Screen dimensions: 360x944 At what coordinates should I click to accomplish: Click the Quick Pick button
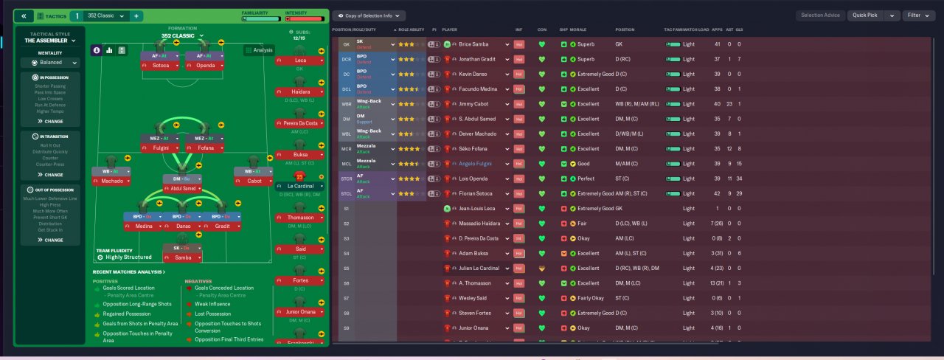tap(866, 15)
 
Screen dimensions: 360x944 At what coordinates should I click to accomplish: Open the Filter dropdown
tap(917, 15)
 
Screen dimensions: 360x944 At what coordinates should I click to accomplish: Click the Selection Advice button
tap(820, 15)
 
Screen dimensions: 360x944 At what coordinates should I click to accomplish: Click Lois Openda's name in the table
tap(471, 179)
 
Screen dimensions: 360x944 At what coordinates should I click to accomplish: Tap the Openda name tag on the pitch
tap(205, 66)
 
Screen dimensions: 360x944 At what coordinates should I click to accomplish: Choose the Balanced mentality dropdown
tap(50, 63)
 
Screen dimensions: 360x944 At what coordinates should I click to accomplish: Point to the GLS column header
tap(739, 30)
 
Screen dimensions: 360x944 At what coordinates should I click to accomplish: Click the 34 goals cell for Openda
tap(739, 179)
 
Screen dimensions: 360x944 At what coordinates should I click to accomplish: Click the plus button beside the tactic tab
tap(136, 16)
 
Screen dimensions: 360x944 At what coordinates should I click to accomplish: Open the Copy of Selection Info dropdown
tap(368, 15)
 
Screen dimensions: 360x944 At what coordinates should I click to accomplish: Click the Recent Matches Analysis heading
tap(128, 272)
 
